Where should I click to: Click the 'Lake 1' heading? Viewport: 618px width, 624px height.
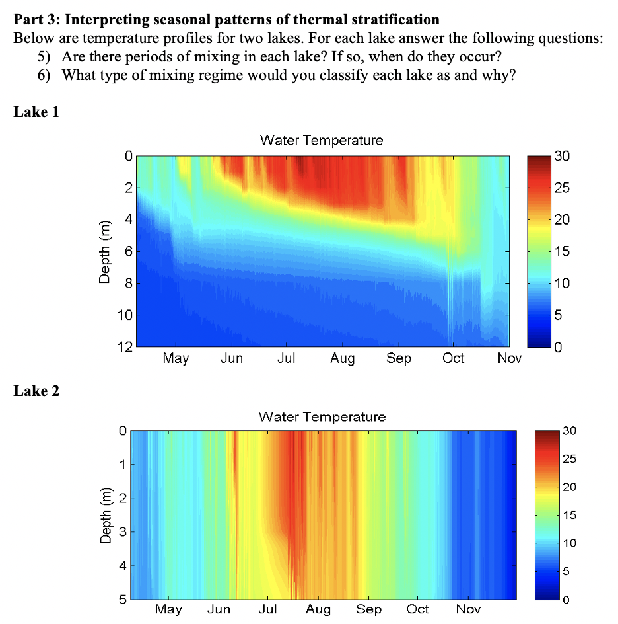(36, 112)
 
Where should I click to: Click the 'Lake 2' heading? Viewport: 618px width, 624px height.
(36, 391)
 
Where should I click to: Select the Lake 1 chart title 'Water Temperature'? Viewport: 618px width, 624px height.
(321, 140)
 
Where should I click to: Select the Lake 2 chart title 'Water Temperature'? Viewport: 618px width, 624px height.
(322, 417)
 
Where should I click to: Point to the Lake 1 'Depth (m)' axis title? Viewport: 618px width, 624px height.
(104, 251)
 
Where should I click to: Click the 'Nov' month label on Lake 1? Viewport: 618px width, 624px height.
(509, 358)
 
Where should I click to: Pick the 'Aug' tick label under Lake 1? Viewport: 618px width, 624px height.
(342, 358)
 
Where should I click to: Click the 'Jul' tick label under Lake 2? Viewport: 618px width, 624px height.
(267, 609)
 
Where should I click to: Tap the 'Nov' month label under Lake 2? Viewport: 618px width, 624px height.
(468, 609)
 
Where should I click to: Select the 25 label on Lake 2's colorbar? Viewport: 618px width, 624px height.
(569, 459)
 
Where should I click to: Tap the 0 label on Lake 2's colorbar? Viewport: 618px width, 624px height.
(565, 600)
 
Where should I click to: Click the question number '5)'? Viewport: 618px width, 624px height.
(44, 54)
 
